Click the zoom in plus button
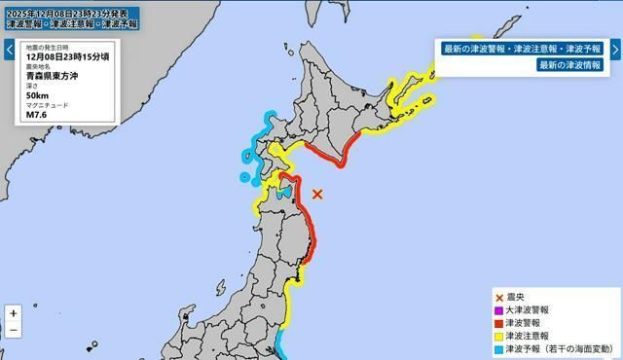point(13,313)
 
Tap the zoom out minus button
point(13,331)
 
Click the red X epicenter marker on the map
point(317,194)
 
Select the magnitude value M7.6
point(38,116)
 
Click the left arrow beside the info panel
point(8,48)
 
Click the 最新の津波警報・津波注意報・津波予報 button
point(523,48)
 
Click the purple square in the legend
point(499,309)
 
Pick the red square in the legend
point(499,322)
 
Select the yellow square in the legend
point(499,335)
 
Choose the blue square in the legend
point(499,347)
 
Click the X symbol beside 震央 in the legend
point(499,297)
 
